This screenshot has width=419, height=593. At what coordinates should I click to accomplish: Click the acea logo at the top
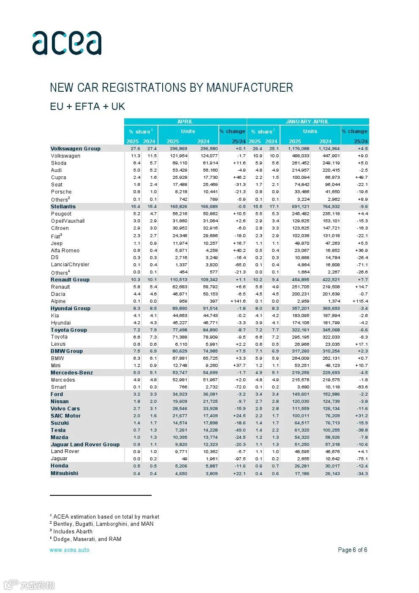click(x=67, y=43)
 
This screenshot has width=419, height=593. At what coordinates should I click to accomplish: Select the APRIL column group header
click(x=185, y=122)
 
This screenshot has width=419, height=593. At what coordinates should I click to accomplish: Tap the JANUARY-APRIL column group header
click(x=307, y=122)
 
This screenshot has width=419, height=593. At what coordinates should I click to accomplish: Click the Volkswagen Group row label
click(x=76, y=149)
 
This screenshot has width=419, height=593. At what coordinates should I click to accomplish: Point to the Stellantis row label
click(x=63, y=207)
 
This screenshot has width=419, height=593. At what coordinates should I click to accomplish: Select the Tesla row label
click(x=58, y=430)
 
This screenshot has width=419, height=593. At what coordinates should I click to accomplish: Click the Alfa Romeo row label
click(x=65, y=251)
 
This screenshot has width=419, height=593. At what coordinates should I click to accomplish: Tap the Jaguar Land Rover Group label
click(x=85, y=445)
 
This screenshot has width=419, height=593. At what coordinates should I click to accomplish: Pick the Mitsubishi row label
click(x=65, y=473)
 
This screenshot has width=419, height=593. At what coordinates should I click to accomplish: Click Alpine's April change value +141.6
click(x=238, y=301)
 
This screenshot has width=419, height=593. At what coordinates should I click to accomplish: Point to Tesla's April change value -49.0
click(x=239, y=430)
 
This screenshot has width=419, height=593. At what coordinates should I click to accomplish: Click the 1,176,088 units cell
click(x=299, y=149)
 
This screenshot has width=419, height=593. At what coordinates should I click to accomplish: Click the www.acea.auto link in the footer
click(x=69, y=550)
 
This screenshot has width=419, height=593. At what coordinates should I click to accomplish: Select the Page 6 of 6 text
click(x=352, y=550)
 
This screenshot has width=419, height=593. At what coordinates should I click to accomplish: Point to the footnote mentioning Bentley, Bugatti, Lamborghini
click(x=103, y=524)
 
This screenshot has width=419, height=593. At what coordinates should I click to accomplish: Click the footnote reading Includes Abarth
click(x=72, y=532)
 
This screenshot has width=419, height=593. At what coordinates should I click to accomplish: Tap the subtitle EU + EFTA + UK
click(x=87, y=107)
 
